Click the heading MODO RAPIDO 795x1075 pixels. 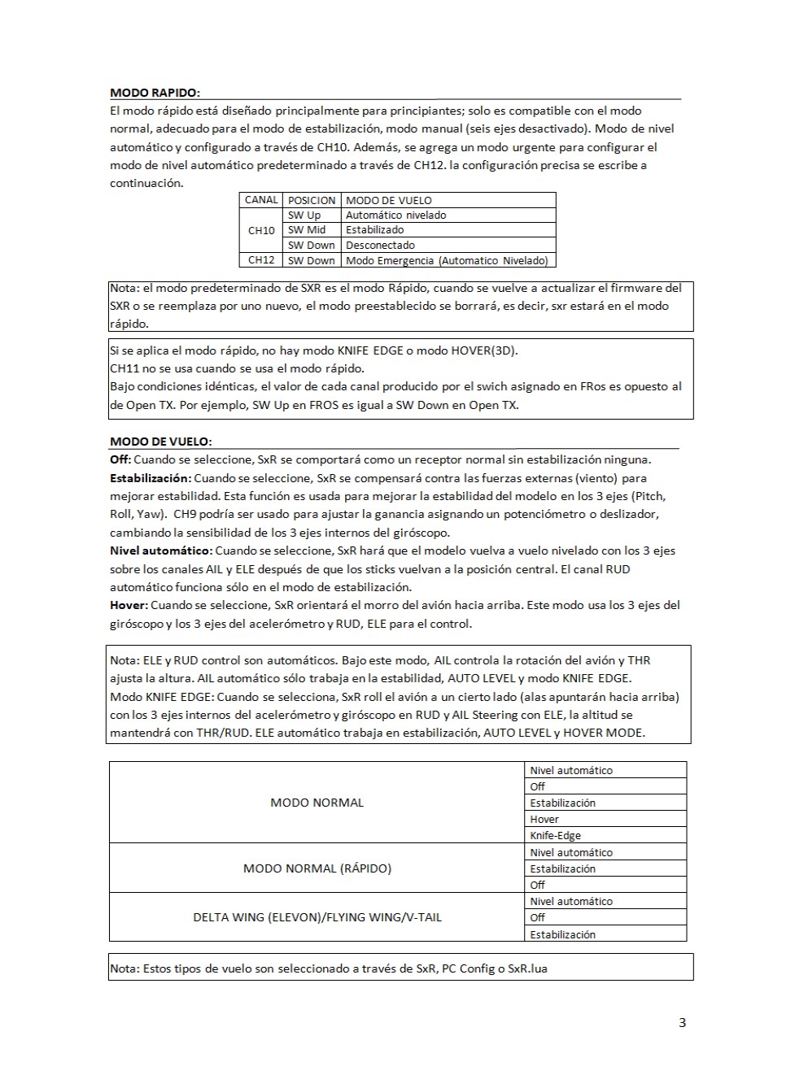[155, 93]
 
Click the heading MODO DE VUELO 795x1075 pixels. [160, 442]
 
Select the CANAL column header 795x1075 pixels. [261, 200]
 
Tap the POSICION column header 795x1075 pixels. [312, 200]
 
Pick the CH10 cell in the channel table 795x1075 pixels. [261, 230]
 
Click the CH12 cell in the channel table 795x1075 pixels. [261, 260]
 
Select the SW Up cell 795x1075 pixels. [304, 215]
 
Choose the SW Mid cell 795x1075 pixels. [307, 230]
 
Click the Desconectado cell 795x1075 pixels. [380, 245]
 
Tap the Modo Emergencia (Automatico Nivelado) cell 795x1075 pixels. [447, 260]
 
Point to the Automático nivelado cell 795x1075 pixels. [395, 215]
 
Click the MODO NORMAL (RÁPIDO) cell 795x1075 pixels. [317, 868]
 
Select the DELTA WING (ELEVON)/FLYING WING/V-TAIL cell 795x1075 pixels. [317, 917]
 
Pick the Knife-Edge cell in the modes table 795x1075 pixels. [555, 836]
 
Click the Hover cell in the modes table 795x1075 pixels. [544, 820]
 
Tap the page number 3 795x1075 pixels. [682, 1023]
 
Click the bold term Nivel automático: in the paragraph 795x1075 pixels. [160, 551]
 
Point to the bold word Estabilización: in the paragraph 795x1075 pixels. [151, 478]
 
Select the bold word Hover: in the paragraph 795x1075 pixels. [129, 605]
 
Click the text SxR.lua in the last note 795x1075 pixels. [527, 968]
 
